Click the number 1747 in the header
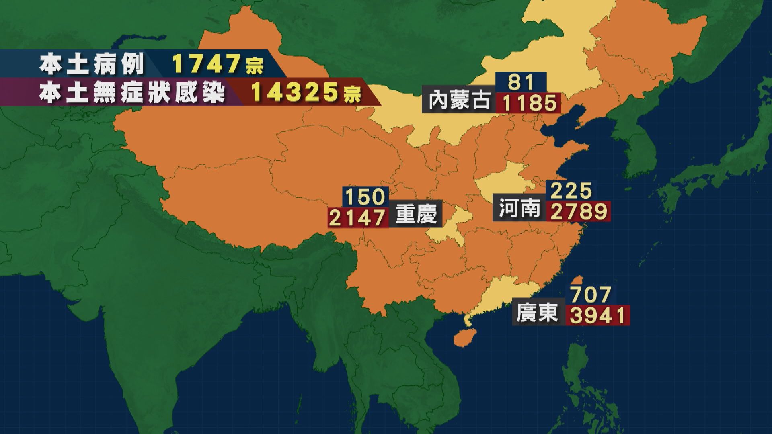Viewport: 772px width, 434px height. pos(207,64)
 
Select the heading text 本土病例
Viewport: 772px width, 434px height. pos(92,64)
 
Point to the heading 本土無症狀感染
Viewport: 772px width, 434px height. pos(132,93)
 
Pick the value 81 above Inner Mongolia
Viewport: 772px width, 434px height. pos(521,82)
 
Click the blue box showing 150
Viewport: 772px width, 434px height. pos(365,197)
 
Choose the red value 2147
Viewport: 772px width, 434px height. pos(357,217)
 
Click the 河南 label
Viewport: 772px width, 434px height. pos(519,209)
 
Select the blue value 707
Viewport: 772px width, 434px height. pos(591,295)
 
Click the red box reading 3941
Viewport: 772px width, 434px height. pos(598,315)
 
